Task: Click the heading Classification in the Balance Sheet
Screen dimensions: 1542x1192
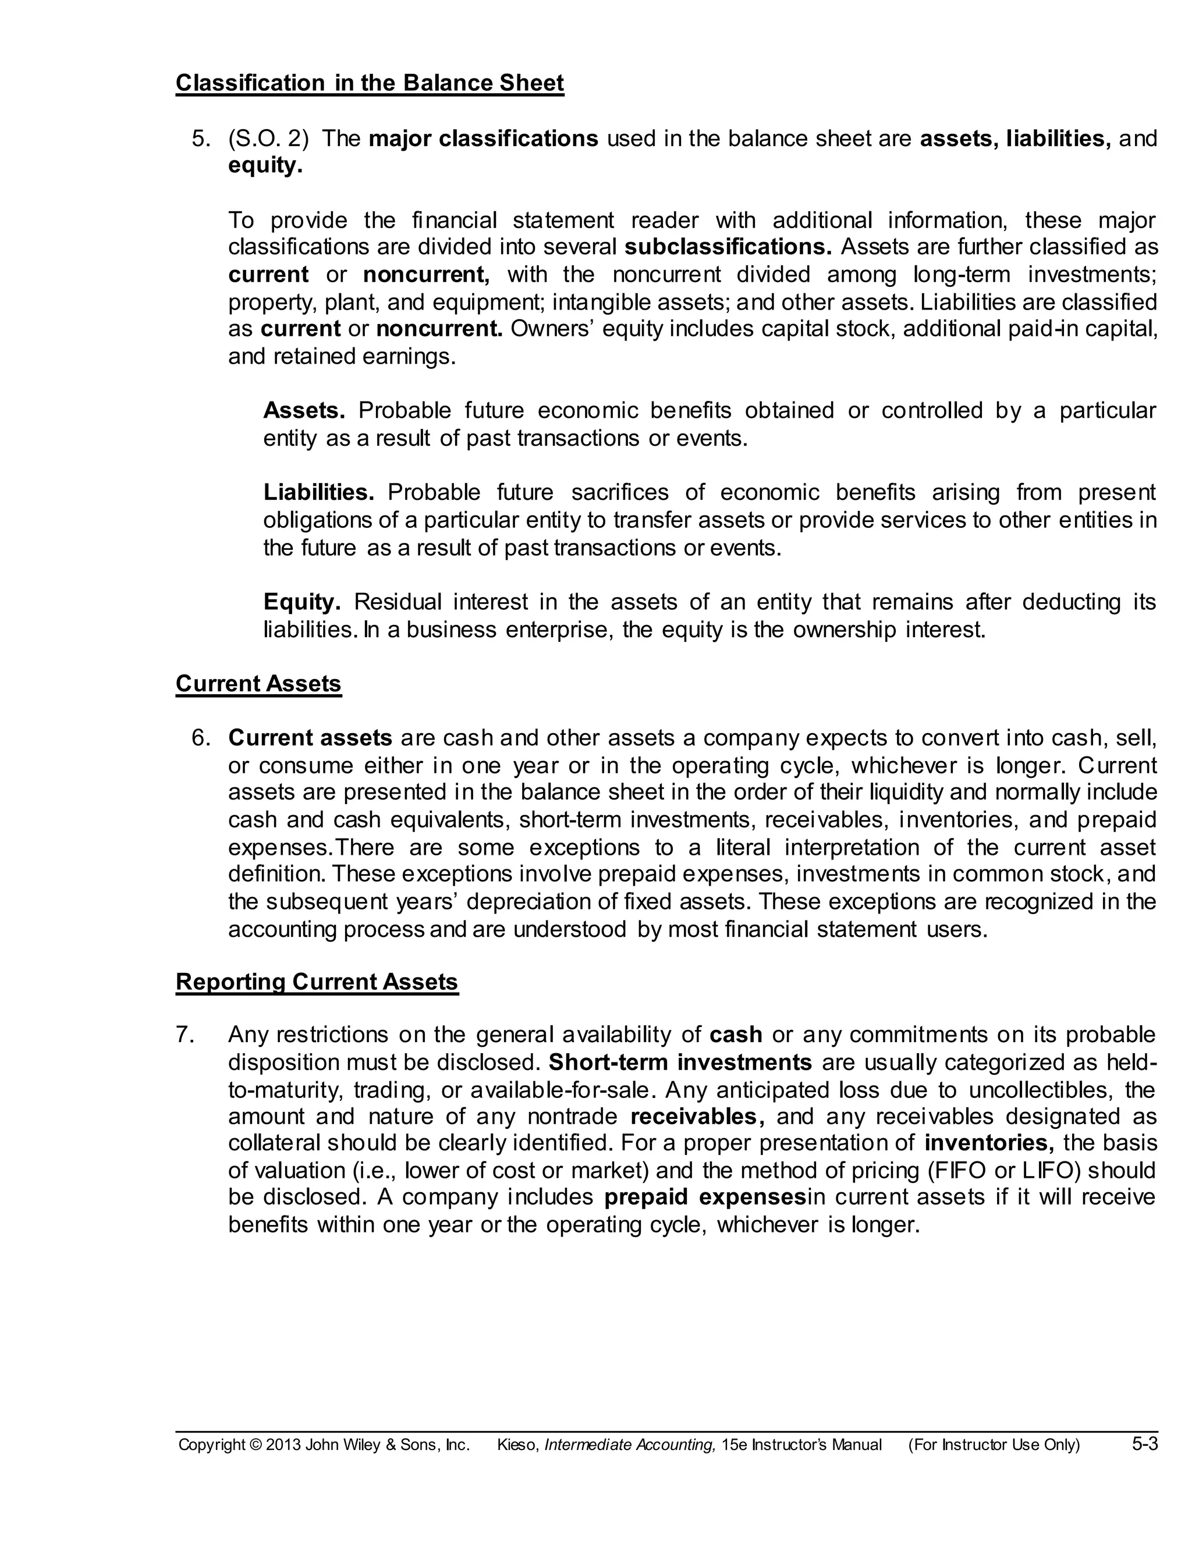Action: [370, 83]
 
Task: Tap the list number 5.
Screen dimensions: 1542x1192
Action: [201, 139]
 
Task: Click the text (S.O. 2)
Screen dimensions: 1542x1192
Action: [268, 139]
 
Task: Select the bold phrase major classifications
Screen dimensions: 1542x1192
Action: [483, 139]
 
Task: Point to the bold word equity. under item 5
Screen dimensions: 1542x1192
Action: [265, 166]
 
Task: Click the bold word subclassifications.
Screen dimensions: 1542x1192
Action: [728, 247]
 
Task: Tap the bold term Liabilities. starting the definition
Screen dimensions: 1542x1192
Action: [318, 492]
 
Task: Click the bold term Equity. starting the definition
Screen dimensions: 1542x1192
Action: [301, 602]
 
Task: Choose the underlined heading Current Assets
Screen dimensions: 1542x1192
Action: [258, 684]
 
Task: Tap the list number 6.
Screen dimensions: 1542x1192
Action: [201, 738]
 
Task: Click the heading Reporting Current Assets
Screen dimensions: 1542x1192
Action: [317, 982]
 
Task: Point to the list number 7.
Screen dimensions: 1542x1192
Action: [185, 1035]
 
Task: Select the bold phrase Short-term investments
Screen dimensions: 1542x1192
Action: [680, 1063]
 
